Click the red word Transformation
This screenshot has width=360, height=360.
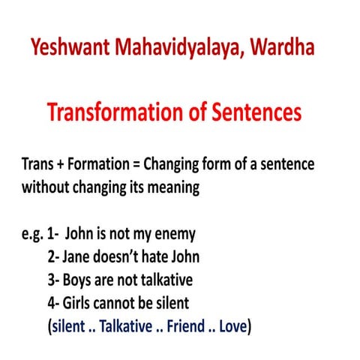[112, 112]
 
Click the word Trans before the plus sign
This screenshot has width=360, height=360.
[40, 164]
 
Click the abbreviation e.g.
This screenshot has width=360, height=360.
[33, 234]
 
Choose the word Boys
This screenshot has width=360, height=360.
[81, 280]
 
